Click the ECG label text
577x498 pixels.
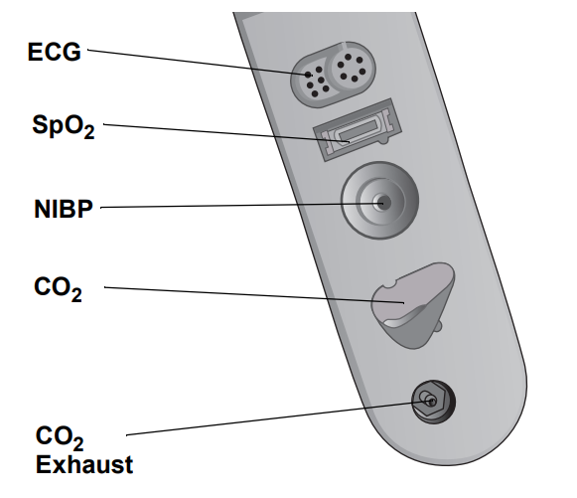[x=54, y=52]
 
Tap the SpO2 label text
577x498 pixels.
[x=64, y=126]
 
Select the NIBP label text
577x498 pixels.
[x=64, y=209]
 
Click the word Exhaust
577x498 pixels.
[x=84, y=464]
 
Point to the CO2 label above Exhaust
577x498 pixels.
[x=60, y=438]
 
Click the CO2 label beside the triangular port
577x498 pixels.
[x=58, y=289]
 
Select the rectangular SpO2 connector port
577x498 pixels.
[x=357, y=129]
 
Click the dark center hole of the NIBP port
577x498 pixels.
[x=383, y=203]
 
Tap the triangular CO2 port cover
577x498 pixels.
[x=413, y=304]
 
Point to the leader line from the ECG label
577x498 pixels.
[x=199, y=63]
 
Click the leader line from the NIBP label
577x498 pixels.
[x=241, y=205]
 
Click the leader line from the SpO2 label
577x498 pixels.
[x=226, y=132]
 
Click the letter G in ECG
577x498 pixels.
[x=72, y=52]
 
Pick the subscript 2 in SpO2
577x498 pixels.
[x=88, y=132]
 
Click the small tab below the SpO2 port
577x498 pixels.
[x=383, y=140]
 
